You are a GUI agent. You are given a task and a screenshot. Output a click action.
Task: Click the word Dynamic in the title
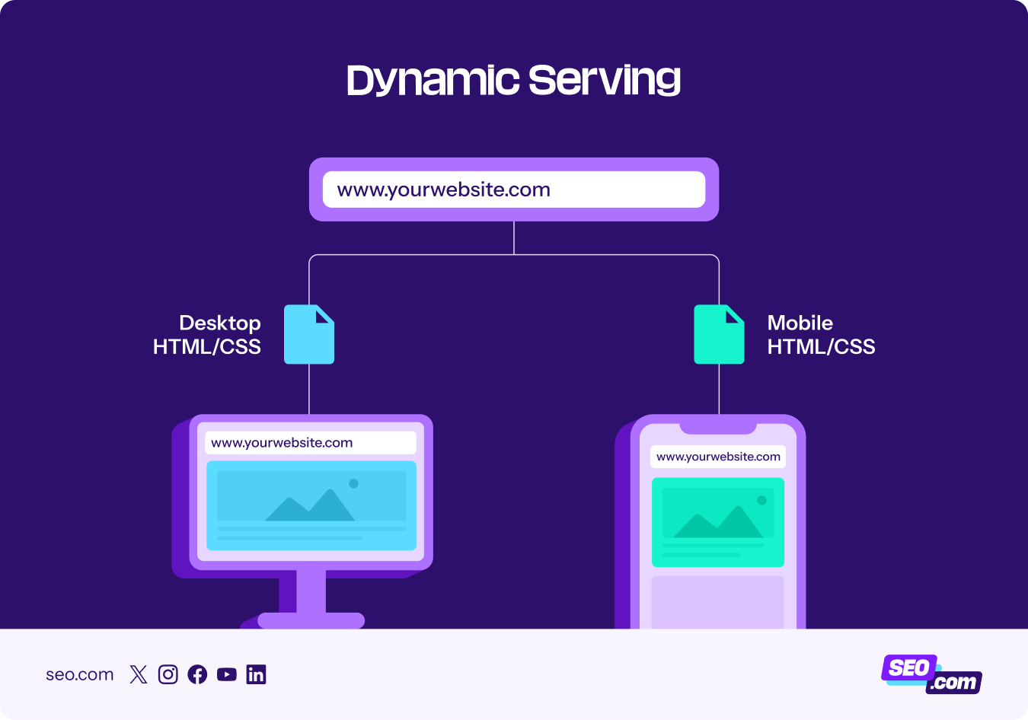pos(433,81)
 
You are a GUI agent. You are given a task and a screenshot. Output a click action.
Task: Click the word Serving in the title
pos(604,81)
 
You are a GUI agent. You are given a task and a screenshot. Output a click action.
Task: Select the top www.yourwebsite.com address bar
pos(514,190)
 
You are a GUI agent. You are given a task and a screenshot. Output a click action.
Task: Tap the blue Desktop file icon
pos(309,335)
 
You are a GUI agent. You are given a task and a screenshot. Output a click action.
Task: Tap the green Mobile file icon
pos(719,335)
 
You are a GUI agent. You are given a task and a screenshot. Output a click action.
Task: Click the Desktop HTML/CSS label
pos(207,335)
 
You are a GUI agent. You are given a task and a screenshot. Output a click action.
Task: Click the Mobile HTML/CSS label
pos(821,335)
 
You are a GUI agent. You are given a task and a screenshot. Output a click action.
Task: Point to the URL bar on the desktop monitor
pos(311,443)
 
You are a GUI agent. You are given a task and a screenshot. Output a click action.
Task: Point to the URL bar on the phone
pos(718,457)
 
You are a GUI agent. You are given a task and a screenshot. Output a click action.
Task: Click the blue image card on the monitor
pos(311,505)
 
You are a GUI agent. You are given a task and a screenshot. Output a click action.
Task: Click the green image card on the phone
pos(718,522)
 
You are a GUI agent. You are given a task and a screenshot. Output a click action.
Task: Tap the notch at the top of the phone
pos(718,427)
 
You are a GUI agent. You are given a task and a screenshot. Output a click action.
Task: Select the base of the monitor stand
pos(311,620)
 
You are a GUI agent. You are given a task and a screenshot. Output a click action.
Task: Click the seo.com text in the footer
pos(80,674)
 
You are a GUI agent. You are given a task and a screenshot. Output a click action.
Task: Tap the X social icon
pos(139,674)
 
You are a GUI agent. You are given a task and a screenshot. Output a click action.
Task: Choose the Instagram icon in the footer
pos(168,674)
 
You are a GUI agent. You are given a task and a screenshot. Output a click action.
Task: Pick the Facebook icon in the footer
pos(197,674)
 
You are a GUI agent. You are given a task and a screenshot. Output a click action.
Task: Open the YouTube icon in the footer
pos(227,674)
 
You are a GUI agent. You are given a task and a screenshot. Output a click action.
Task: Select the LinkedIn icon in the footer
pos(256,674)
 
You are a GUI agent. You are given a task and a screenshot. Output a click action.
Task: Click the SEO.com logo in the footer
pos(931,674)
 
